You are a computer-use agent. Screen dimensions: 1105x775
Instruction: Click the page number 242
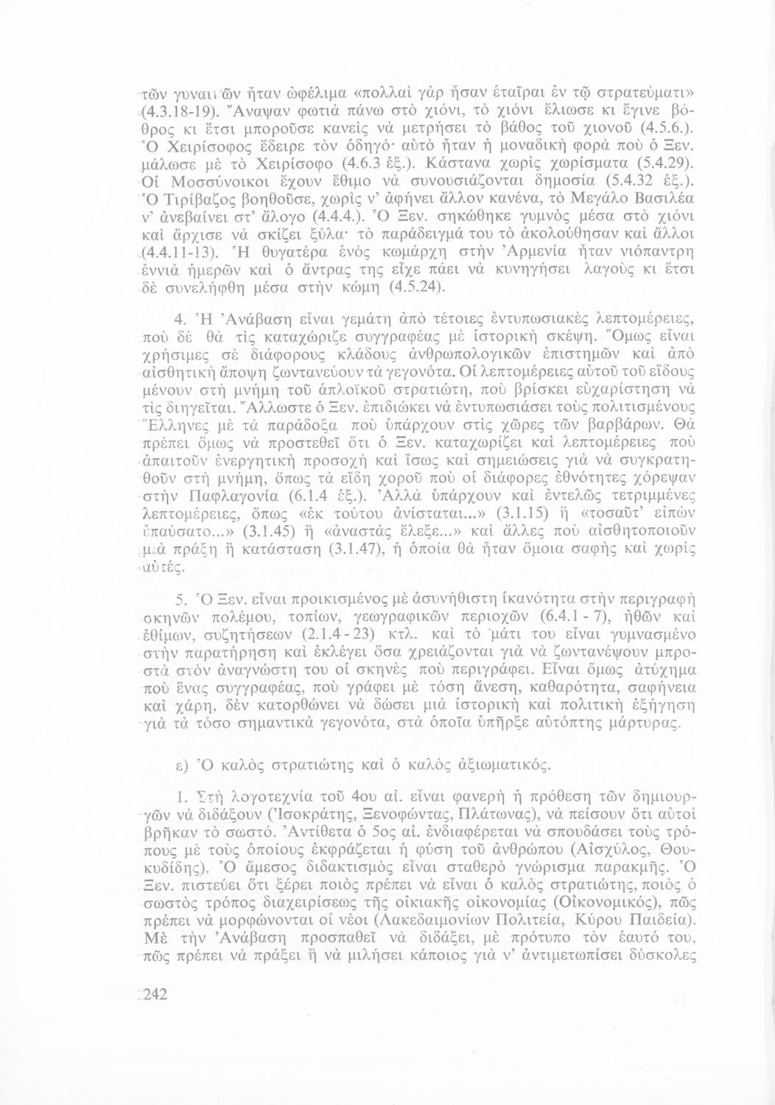(157, 995)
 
